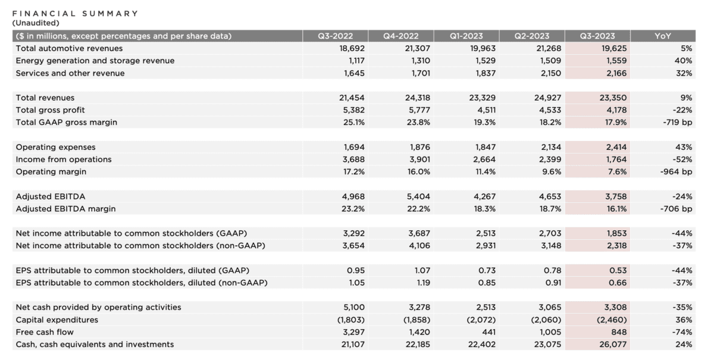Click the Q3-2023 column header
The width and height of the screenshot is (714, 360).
[x=596, y=36]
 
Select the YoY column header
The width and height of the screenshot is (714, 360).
[x=662, y=36]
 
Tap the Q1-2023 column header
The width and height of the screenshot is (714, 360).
[x=465, y=36]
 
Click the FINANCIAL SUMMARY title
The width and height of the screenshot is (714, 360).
[x=75, y=13]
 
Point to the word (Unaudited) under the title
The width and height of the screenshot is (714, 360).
[x=36, y=23]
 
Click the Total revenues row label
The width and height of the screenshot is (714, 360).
[x=45, y=98]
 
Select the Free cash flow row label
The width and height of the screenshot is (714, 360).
[x=45, y=332]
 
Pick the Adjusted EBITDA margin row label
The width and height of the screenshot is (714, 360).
[x=65, y=208]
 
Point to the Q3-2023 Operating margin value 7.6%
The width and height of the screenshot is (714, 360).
[x=615, y=171]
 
